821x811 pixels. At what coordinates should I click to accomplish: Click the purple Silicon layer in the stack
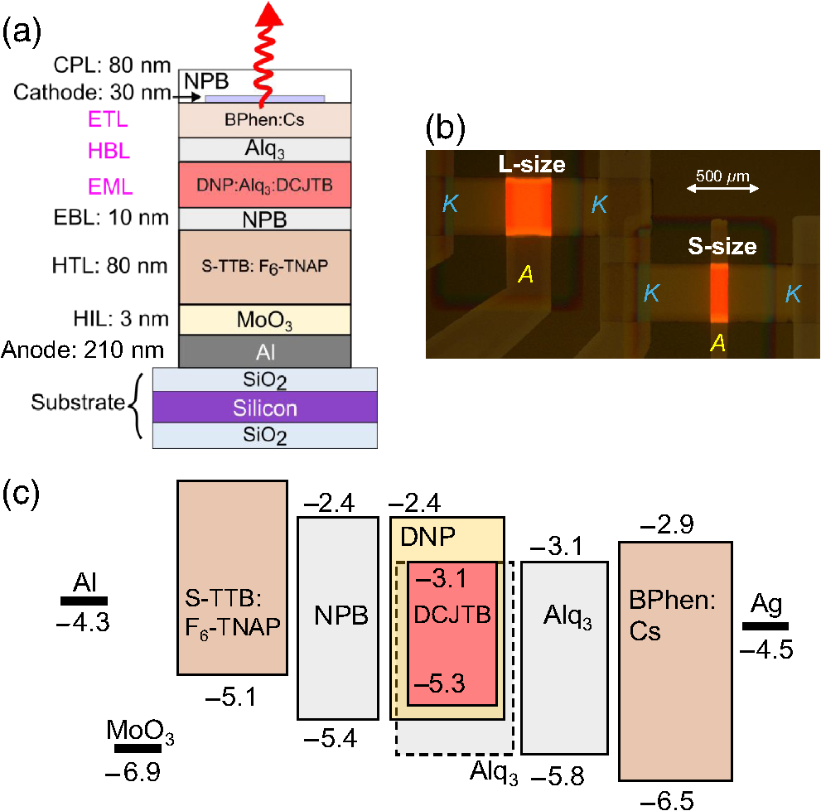pos(265,408)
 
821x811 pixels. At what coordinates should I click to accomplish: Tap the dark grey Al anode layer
pos(265,351)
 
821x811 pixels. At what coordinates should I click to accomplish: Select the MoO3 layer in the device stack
pos(265,319)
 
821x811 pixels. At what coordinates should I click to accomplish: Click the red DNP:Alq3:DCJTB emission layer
pos(265,184)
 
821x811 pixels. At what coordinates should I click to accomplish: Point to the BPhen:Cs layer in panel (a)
pos(265,119)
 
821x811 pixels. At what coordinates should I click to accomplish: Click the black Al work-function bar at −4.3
pos(85,600)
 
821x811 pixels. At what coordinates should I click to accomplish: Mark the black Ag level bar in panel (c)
pos(765,626)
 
